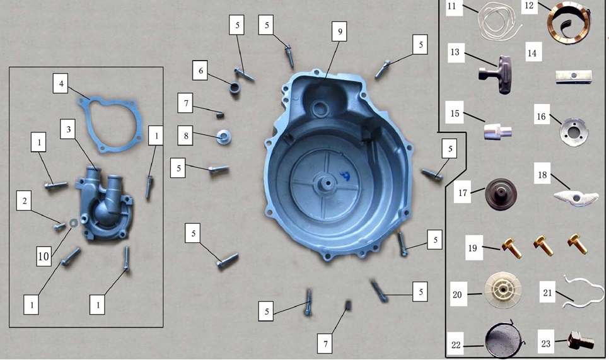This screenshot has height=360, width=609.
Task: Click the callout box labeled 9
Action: [340, 31]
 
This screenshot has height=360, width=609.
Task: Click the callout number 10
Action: [43, 257]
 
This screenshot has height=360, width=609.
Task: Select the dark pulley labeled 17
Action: [501, 194]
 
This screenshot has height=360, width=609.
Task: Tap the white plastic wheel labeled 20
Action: [503, 290]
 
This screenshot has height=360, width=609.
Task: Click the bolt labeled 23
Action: [581, 340]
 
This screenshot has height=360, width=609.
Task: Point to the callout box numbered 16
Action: [542, 116]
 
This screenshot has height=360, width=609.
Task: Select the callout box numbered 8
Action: [185, 136]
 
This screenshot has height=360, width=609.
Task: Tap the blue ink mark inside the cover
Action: [344, 177]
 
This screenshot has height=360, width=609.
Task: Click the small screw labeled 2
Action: [60, 225]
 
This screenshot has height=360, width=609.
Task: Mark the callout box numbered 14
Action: [532, 53]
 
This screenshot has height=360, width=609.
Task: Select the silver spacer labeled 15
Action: [497, 131]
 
